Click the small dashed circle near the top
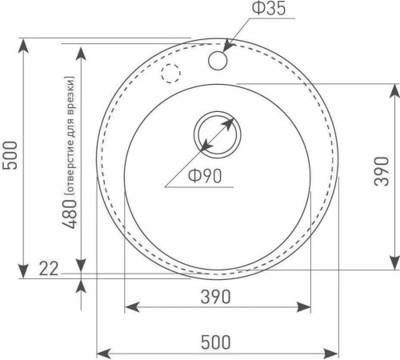(x=170, y=73)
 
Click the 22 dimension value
(x=49, y=270)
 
